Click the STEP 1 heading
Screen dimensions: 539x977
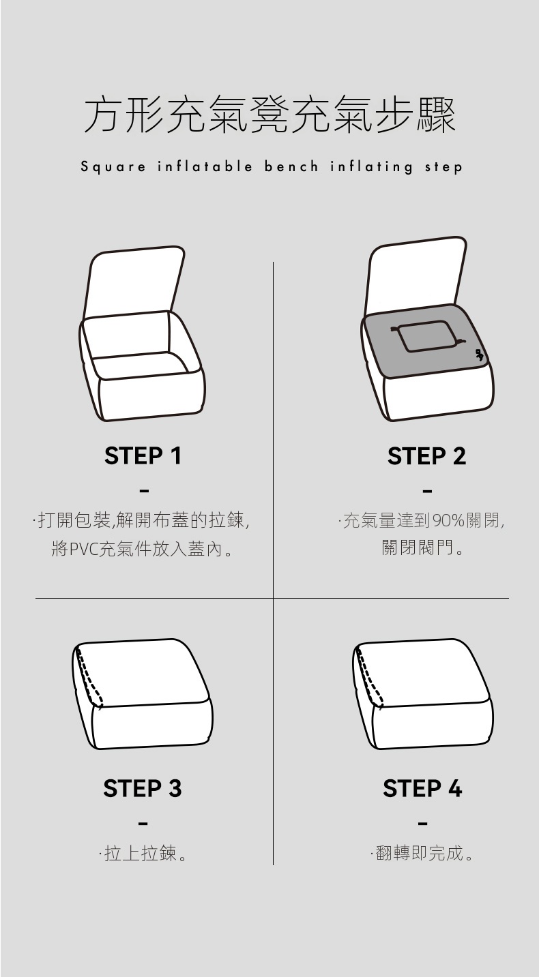[x=143, y=456]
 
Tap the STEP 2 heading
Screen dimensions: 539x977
[x=426, y=456]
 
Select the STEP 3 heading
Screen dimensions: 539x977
[x=143, y=788]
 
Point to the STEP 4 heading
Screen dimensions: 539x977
[x=422, y=788]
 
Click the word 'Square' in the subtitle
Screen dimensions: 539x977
[x=113, y=167]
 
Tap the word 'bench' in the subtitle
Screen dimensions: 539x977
[x=291, y=166]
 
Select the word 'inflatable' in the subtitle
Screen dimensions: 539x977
[x=205, y=166]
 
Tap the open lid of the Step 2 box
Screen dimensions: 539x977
[x=416, y=273]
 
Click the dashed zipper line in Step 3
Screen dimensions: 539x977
[x=89, y=676]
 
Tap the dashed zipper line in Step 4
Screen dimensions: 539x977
[x=369, y=676]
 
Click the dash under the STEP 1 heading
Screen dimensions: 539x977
[x=144, y=492]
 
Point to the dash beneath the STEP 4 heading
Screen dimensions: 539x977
[x=422, y=824]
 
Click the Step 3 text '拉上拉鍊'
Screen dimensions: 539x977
[x=140, y=853]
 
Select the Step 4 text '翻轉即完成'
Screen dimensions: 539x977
[x=419, y=853]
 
